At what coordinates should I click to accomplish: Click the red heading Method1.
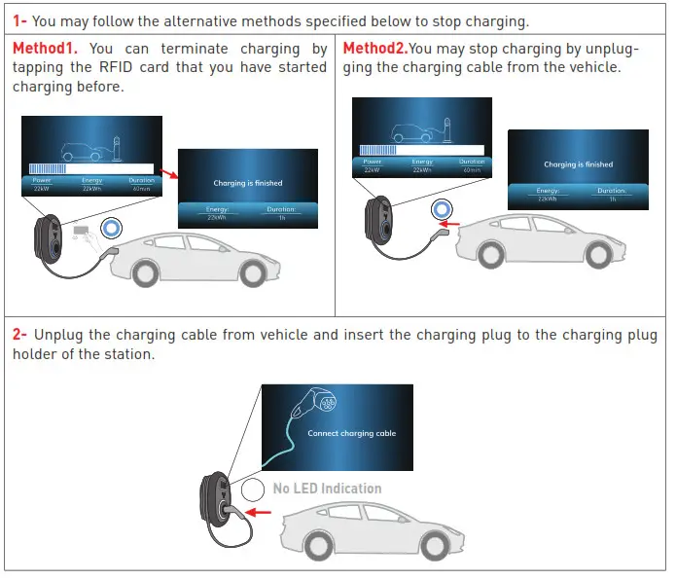point(46,49)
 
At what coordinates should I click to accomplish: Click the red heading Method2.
point(374,49)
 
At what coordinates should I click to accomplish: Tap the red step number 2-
point(20,335)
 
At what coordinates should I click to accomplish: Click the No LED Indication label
point(327,489)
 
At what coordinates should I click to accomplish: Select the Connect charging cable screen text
point(351,433)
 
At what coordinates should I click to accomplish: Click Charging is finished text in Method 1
point(248,183)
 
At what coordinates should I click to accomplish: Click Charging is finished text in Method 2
point(578,164)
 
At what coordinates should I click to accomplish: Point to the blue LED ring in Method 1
point(112,228)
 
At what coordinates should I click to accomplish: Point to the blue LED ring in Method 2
point(444,208)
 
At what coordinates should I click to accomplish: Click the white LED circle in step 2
point(255,489)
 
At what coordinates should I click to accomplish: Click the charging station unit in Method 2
point(379,217)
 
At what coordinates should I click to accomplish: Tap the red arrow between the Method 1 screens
point(170,174)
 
